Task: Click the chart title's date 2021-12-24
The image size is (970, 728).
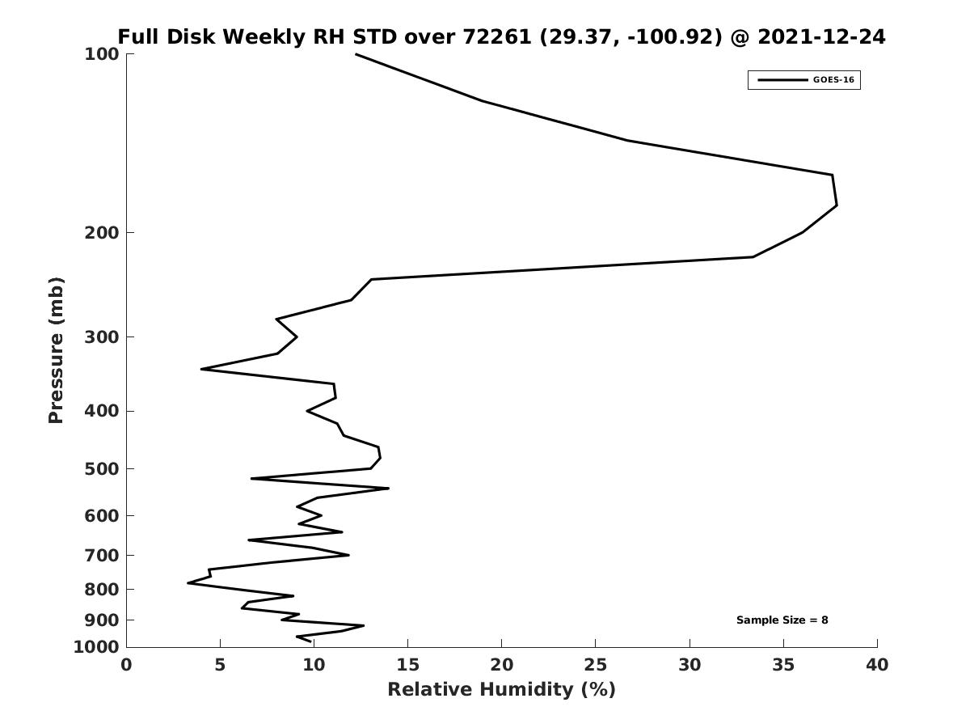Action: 821,36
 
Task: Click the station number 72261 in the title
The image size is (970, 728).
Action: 496,36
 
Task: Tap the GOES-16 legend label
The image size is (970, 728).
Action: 833,80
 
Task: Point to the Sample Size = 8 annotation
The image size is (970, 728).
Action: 782,620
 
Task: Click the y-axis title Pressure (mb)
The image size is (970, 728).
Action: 56,350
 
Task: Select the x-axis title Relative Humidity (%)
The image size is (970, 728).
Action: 501,689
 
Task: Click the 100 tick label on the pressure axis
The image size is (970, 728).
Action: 102,54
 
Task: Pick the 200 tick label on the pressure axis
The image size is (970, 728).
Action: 102,232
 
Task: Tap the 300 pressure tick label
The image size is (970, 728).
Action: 102,337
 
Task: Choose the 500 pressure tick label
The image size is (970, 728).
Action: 102,468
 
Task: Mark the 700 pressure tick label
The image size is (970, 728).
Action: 102,555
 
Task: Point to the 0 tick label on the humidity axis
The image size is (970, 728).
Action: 126,664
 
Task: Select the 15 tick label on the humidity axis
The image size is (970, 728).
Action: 407,664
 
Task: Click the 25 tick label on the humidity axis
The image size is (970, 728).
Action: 595,664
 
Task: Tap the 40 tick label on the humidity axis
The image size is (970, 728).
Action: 877,664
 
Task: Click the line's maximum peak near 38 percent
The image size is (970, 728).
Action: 837,205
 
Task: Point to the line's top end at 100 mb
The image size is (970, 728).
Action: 356,54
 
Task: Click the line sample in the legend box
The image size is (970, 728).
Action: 782,80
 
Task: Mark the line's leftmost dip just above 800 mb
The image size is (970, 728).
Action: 188,582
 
